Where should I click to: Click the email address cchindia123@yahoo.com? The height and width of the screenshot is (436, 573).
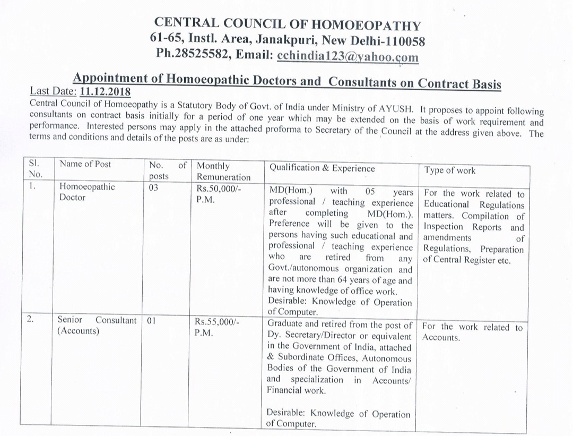[x=348, y=56]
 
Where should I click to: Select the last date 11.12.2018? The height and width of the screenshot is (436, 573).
[x=105, y=91]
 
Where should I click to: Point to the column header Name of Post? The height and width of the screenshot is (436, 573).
[x=85, y=164]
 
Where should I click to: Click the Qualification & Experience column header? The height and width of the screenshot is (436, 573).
[x=322, y=168]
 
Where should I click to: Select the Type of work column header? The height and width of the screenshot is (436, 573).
[x=449, y=170]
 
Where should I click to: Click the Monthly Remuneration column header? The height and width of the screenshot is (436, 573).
[x=223, y=172]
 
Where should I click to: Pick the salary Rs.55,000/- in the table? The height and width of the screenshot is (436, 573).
[x=218, y=322]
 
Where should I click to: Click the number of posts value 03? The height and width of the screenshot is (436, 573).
[x=154, y=187]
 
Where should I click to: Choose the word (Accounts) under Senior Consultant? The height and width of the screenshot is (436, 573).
[x=78, y=331]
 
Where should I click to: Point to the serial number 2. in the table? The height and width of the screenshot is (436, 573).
[x=31, y=320]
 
